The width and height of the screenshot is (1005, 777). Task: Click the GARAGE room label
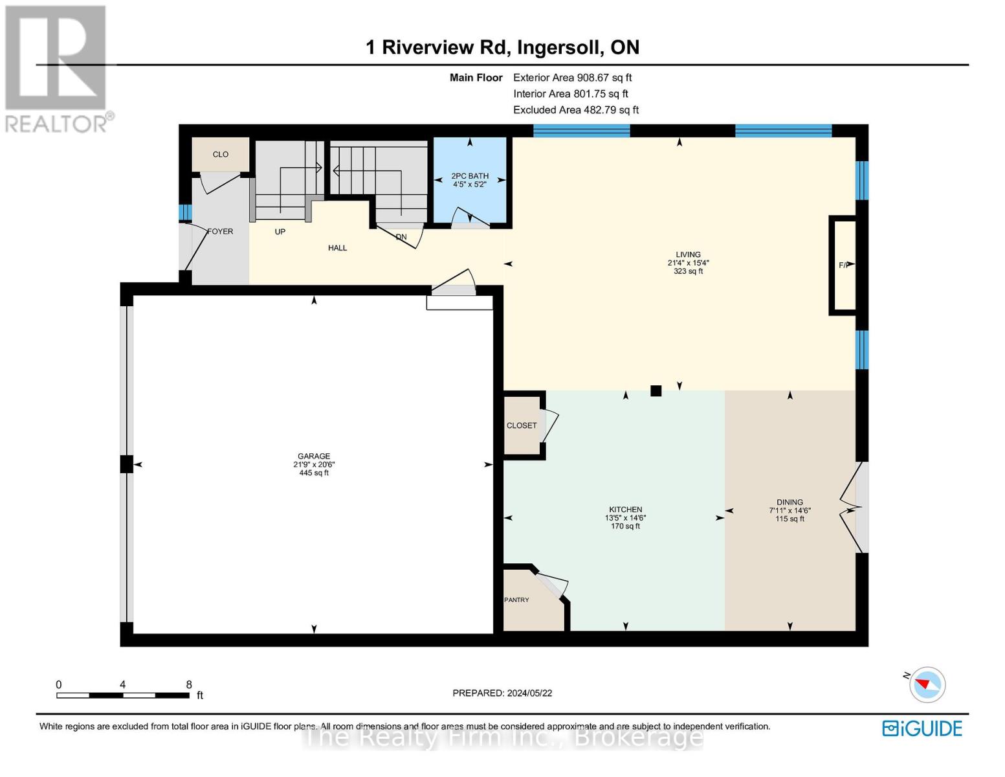314,456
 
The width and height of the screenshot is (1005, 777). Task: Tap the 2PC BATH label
470,175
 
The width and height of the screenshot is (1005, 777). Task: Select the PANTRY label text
516,600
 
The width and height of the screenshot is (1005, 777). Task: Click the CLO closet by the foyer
221,154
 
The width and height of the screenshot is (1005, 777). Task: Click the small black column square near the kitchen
656,390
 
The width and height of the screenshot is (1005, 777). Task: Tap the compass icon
927,684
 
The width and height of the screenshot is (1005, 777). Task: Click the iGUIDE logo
922,728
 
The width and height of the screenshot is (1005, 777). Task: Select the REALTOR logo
57,68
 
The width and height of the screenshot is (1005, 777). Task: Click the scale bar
123,695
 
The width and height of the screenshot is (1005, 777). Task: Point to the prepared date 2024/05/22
502,693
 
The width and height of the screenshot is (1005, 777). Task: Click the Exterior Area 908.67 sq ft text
572,77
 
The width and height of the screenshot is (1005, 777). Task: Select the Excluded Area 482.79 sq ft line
575,109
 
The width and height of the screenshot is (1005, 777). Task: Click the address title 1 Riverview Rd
502,47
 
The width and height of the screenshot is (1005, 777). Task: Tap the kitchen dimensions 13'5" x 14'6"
625,517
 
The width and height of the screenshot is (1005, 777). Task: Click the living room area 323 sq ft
688,271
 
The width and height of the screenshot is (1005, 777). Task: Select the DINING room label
790,502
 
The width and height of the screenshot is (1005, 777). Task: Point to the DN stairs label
401,237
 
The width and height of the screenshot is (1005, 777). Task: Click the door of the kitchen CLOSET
549,425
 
